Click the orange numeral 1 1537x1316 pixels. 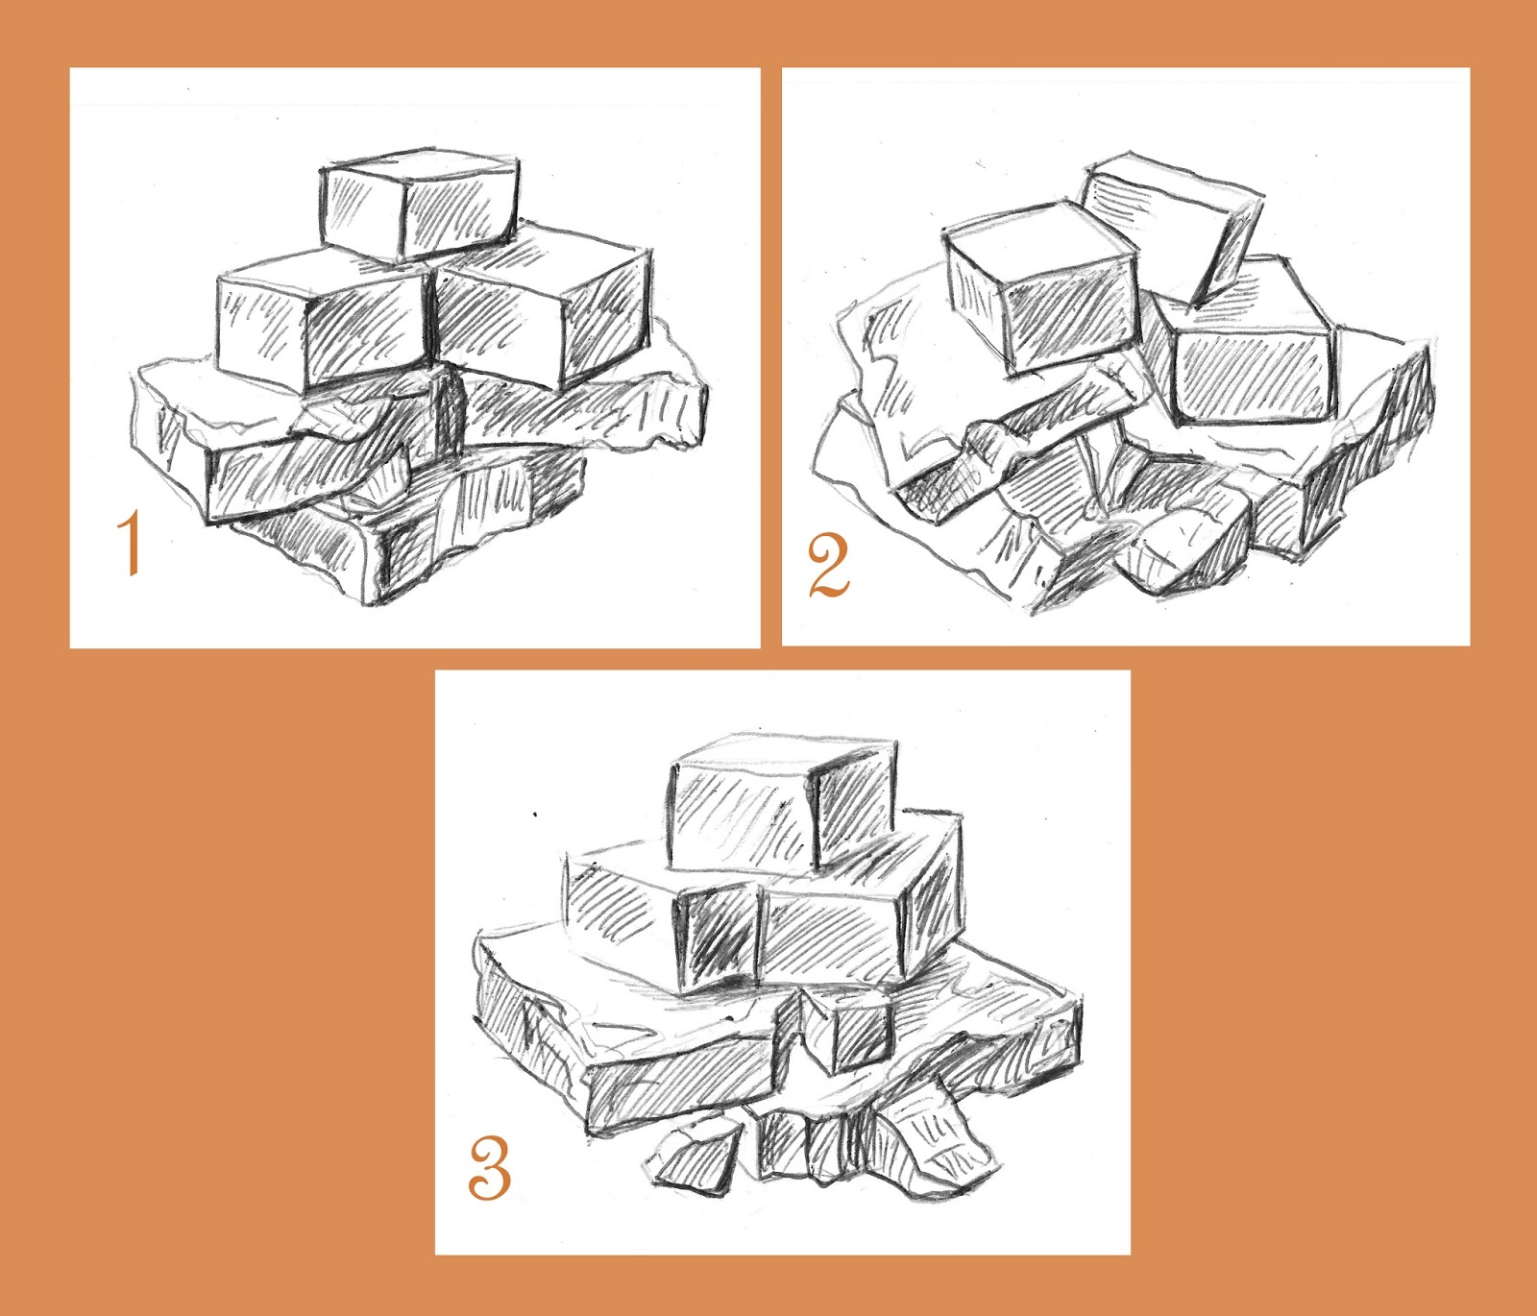(130, 544)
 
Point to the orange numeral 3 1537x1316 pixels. (490, 1167)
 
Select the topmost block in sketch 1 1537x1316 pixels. (419, 205)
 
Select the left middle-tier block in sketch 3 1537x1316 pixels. (663, 917)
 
